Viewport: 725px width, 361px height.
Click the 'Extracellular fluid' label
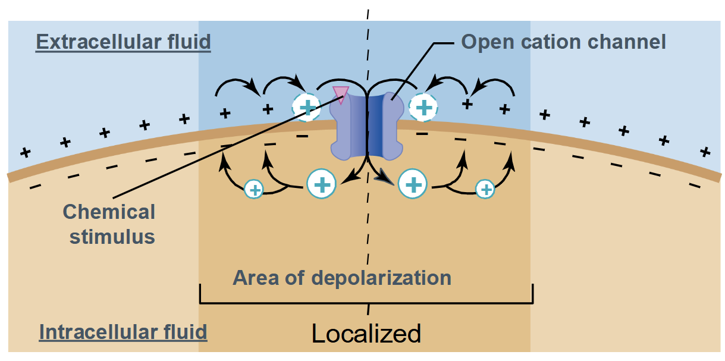point(123,42)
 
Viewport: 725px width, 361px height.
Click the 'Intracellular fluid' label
point(123,331)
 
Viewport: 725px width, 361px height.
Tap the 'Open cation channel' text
point(563,42)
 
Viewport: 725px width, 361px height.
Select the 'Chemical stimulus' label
point(109,224)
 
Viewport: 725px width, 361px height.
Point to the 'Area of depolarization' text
point(342,278)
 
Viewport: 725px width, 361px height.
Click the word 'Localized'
point(366,333)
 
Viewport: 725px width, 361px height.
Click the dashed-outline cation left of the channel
point(307,107)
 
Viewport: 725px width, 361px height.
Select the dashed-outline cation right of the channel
point(423,107)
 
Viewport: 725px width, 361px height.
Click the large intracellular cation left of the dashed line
point(321,184)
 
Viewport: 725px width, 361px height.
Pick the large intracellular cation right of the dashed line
point(413,184)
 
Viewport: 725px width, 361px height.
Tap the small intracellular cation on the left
point(254,190)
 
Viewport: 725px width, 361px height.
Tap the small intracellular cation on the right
point(486,189)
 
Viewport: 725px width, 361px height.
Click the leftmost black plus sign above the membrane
point(25,152)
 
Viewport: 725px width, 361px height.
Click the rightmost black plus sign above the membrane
point(705,152)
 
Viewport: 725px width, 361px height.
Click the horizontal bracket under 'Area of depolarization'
point(366,302)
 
